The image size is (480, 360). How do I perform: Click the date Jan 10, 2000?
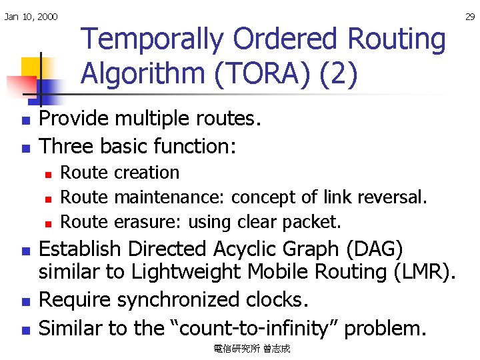(31, 17)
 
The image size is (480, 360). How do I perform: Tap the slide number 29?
(470, 17)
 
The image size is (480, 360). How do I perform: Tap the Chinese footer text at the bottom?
(252, 349)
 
